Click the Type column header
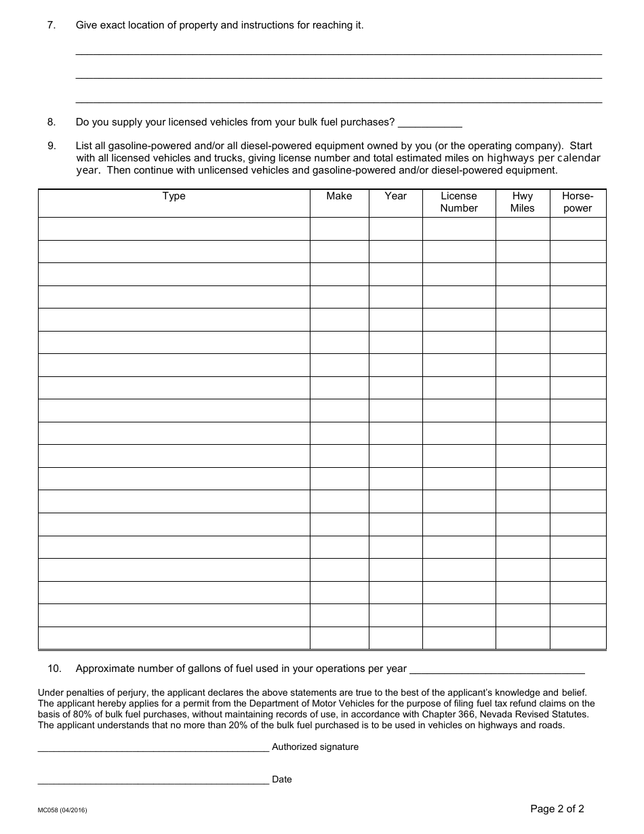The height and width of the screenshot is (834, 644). click(x=174, y=196)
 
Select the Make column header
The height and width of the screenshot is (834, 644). click(x=339, y=196)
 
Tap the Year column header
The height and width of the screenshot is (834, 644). click(x=395, y=196)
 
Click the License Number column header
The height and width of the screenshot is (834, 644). click(x=459, y=202)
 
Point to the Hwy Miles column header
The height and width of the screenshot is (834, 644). click(x=522, y=202)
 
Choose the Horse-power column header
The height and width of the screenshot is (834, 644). click(x=578, y=202)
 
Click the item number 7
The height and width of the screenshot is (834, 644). click(x=51, y=25)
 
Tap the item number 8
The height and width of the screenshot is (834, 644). click(x=51, y=122)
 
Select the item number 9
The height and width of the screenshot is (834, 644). click(x=51, y=146)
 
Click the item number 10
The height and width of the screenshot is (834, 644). click(x=54, y=669)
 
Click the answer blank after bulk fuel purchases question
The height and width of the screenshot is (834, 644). click(x=430, y=123)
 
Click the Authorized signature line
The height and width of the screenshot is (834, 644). click(x=153, y=749)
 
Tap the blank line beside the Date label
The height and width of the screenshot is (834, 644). click(x=153, y=781)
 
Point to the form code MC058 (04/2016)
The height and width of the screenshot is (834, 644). click(x=62, y=810)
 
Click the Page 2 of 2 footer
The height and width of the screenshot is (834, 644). click(x=557, y=808)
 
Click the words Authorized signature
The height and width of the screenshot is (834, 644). click(x=315, y=747)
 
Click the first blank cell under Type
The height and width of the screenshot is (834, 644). click(x=174, y=229)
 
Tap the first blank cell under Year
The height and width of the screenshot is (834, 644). click(x=395, y=229)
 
